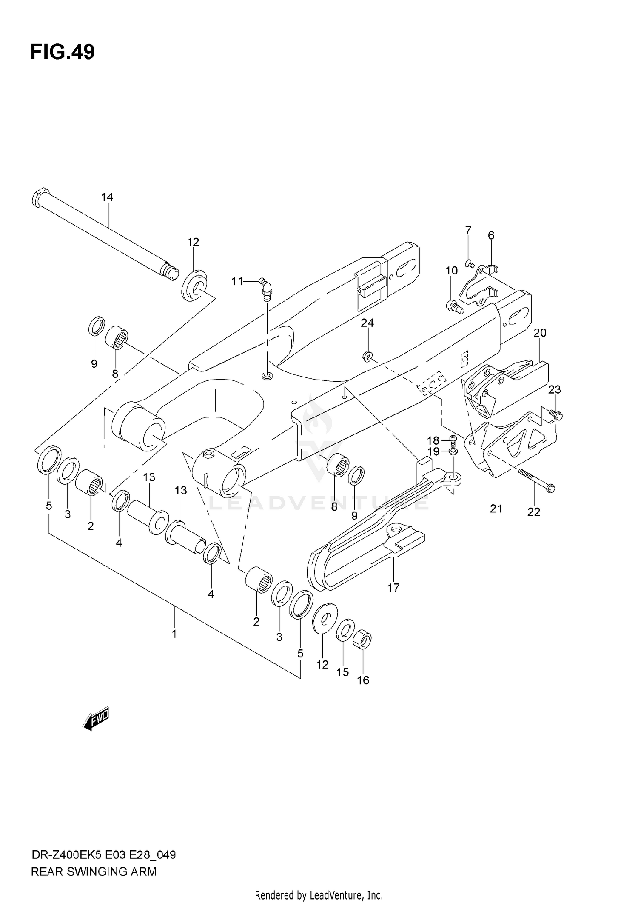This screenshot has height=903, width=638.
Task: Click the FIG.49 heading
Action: [x=63, y=52]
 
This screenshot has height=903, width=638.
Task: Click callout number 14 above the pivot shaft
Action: [x=107, y=197]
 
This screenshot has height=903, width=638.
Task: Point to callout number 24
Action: [x=367, y=323]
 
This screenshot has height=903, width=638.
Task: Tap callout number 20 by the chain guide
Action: [x=540, y=333]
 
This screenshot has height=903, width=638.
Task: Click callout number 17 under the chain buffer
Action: [x=393, y=588]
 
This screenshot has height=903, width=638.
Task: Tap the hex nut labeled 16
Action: [x=363, y=640]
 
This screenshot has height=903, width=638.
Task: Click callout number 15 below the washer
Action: [x=342, y=672]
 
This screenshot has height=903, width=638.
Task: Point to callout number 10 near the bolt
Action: [x=451, y=271]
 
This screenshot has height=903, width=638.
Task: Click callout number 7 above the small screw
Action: [x=468, y=231]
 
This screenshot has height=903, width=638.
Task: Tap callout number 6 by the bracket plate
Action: [x=491, y=235]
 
